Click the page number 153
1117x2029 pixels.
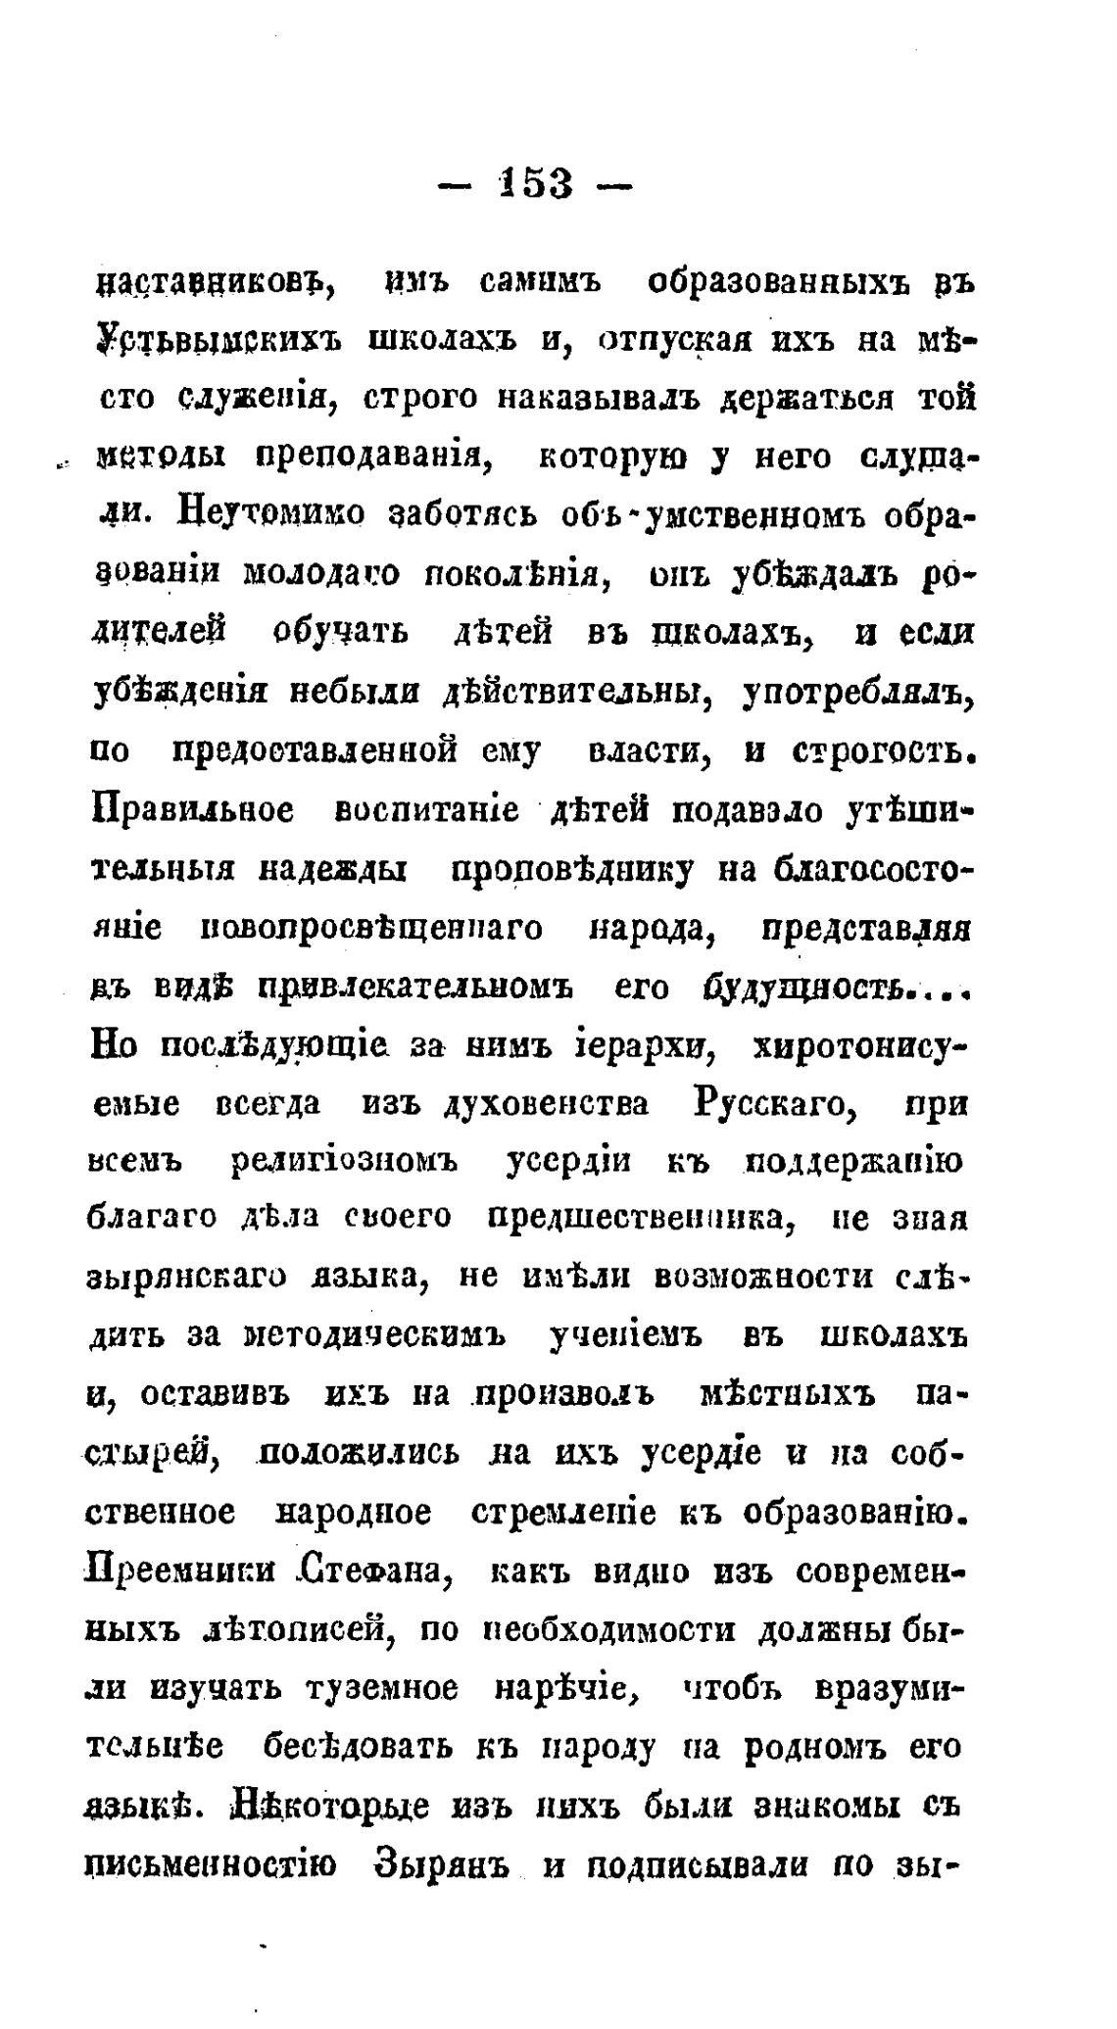(535, 183)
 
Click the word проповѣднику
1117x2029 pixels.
(571, 869)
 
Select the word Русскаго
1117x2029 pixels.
(775, 1103)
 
